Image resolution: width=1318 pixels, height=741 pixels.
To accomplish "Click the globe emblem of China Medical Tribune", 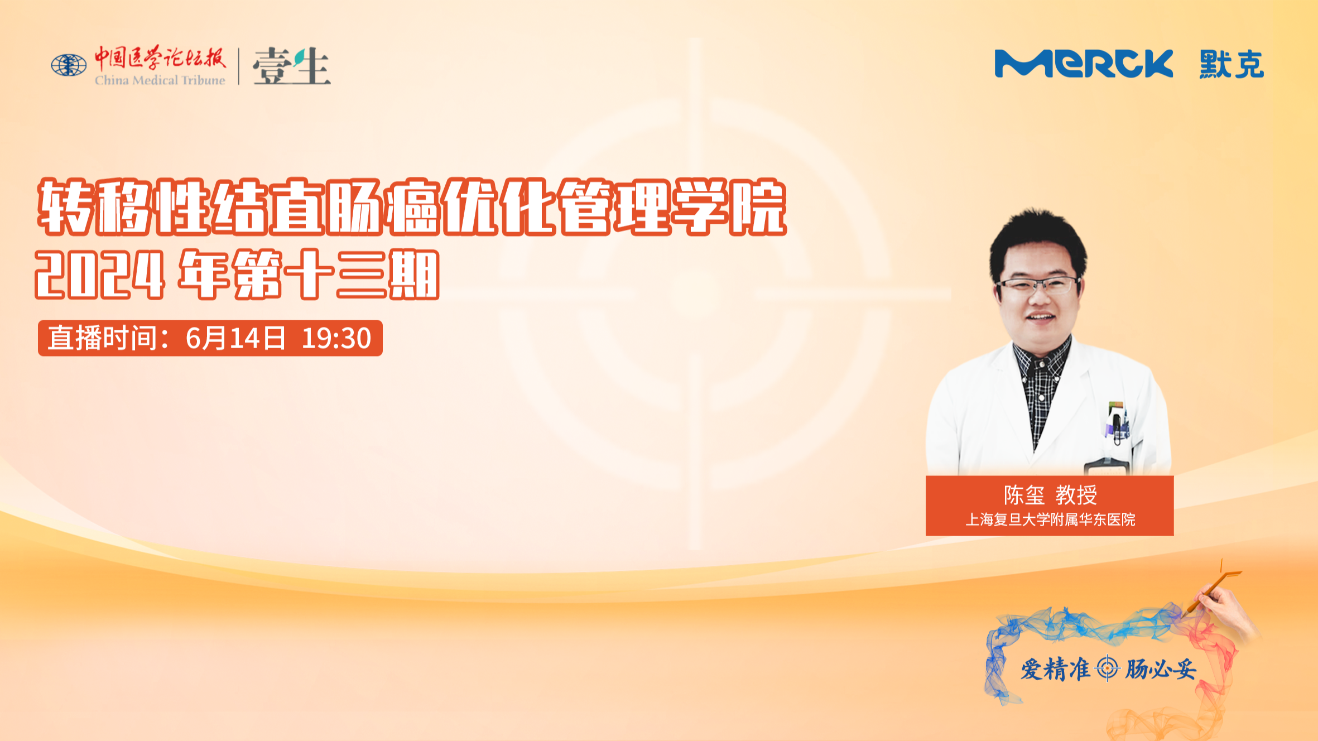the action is pyautogui.click(x=69, y=65).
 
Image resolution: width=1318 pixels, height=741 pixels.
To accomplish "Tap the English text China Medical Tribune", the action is pyautogui.click(x=160, y=80).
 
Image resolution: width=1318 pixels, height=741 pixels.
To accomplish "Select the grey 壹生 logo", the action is pyautogui.click(x=291, y=66).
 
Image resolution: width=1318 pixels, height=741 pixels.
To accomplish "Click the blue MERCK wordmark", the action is pyautogui.click(x=1084, y=64).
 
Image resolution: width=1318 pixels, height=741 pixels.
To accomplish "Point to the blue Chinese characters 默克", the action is pyautogui.click(x=1232, y=64).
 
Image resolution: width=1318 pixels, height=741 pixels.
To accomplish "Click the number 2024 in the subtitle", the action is pyautogui.click(x=100, y=275).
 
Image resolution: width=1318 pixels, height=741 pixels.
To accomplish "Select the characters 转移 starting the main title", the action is pyautogui.click(x=95, y=207).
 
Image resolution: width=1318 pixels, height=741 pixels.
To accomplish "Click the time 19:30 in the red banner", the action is pyautogui.click(x=336, y=338).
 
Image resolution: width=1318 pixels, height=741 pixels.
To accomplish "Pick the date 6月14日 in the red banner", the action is pyautogui.click(x=235, y=338).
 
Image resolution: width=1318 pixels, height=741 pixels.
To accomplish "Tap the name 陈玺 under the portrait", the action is pyautogui.click(x=1024, y=495).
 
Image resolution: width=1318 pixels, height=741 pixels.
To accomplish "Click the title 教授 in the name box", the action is pyautogui.click(x=1076, y=495).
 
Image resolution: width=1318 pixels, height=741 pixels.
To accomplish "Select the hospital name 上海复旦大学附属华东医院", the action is pyautogui.click(x=1050, y=519).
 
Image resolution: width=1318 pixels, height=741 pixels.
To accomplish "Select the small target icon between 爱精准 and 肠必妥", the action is pyautogui.click(x=1107, y=668).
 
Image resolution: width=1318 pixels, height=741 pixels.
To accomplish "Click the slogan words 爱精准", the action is pyautogui.click(x=1055, y=669).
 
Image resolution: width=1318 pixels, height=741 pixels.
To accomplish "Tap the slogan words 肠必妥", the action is pyautogui.click(x=1161, y=669).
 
